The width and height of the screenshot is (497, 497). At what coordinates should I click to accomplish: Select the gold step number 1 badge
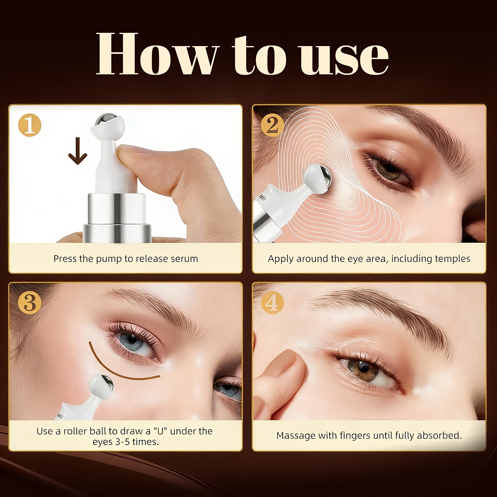pos(30,126)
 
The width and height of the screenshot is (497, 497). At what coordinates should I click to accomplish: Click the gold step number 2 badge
pos(272,126)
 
